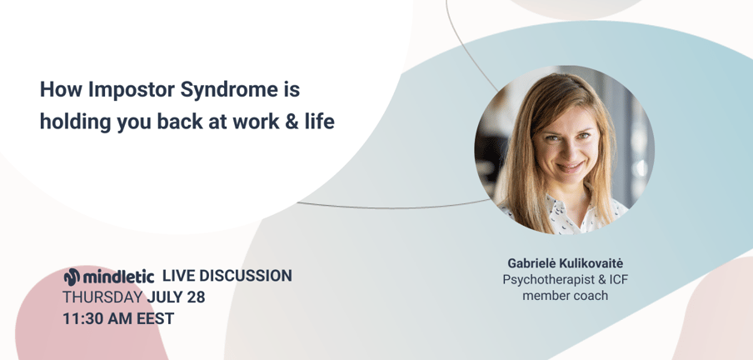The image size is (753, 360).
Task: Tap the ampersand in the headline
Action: (x=292, y=121)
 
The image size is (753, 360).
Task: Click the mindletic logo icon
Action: (x=72, y=277)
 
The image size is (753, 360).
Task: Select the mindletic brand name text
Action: (x=118, y=277)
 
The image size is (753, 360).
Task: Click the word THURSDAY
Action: (x=102, y=297)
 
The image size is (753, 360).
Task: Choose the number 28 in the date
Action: (x=196, y=297)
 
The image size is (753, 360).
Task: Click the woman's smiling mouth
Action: (x=570, y=167)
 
